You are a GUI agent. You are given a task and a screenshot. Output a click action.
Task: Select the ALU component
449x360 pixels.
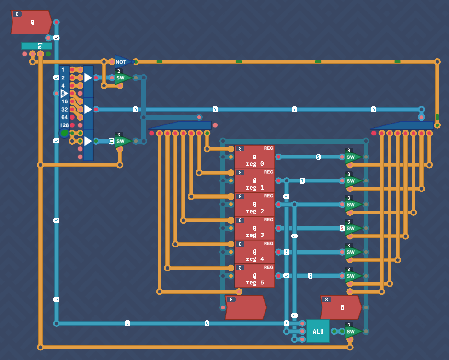coord(318,331)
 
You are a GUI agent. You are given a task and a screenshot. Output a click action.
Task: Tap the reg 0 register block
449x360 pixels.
coord(254,157)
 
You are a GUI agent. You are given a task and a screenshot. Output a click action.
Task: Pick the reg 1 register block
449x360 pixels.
coord(254,181)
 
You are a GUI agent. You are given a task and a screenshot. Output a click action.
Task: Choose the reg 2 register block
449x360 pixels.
coord(254,205)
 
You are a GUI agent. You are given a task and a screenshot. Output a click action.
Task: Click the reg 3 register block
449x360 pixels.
coord(254,228)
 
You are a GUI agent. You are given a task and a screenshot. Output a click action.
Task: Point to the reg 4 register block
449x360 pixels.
coord(254,252)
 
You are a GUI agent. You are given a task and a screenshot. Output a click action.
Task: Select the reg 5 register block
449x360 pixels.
coord(254,276)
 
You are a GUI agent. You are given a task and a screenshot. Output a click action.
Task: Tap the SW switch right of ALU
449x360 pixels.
coord(352,331)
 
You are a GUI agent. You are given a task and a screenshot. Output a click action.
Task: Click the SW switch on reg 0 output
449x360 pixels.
coord(352,157)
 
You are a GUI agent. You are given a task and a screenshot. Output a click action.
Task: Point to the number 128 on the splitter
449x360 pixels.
coord(64,125)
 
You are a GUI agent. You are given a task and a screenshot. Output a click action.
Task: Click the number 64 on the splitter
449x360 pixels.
coord(64,117)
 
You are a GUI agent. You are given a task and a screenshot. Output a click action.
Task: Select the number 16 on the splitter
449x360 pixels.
coord(64,101)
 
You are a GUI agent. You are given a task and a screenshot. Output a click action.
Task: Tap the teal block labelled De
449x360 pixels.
coord(36,46)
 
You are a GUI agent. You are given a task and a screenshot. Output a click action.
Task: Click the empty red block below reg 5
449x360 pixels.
coord(245,307)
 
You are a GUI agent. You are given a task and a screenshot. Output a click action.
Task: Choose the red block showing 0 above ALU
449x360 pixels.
coord(340,307)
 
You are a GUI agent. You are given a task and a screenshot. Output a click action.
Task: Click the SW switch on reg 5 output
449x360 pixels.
coord(352,276)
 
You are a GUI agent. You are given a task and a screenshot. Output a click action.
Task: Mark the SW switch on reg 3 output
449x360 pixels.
coord(352,228)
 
